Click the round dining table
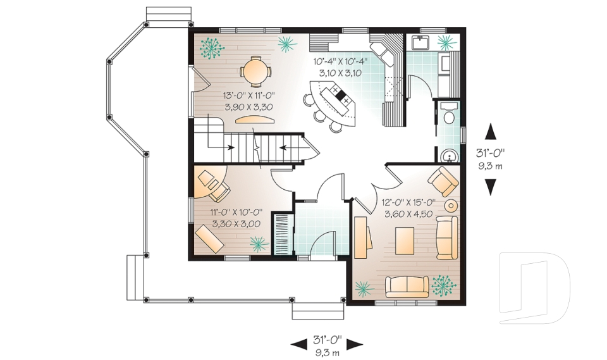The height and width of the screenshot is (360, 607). coord(256,71)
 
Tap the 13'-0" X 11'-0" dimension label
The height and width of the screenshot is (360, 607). coord(247,101)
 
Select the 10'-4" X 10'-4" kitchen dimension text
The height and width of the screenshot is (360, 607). coord(341,67)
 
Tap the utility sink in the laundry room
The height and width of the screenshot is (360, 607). coord(421,43)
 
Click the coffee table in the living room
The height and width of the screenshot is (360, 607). coord(405,239)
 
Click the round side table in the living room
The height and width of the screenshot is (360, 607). coord(451,206)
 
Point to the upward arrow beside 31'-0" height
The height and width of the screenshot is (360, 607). coord(490,132)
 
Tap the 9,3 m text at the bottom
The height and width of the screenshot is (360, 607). coord(327,352)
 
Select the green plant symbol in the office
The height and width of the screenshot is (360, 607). coord(258,243)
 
